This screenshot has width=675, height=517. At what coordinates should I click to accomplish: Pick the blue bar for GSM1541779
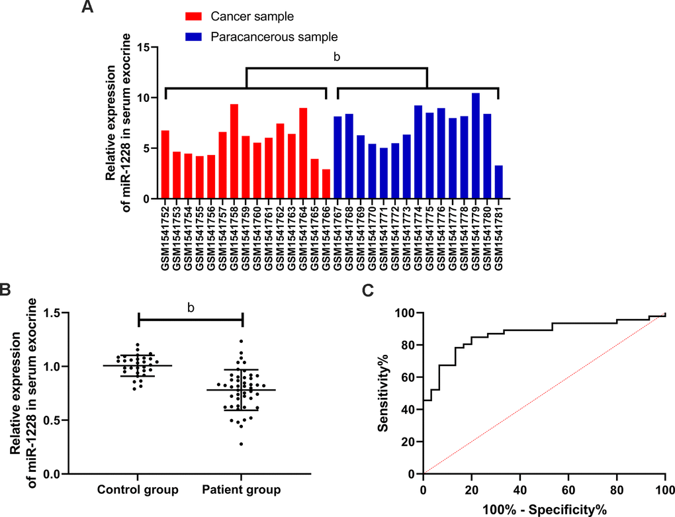tap(476, 145)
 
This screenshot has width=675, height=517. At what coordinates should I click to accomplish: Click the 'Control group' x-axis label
tap(138, 491)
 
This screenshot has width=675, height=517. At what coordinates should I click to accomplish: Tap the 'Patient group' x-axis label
tap(241, 491)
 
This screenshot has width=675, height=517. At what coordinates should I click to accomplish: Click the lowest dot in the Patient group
tap(241, 444)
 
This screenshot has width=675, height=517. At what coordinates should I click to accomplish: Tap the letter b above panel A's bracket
tap(337, 58)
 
